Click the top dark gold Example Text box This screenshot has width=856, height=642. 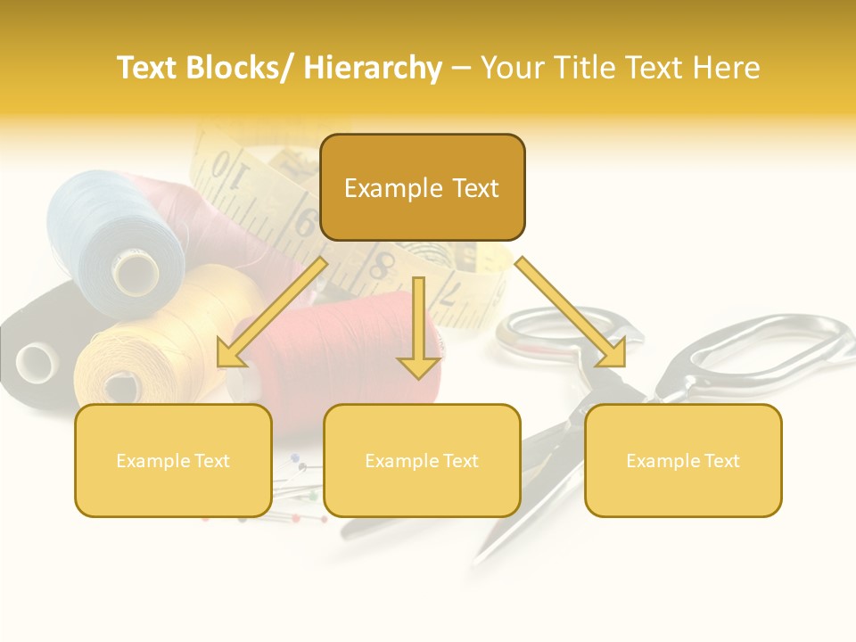click(x=422, y=187)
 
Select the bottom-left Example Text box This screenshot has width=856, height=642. click(x=173, y=460)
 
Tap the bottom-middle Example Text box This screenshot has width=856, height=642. click(x=422, y=460)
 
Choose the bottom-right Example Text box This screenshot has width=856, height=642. click(x=683, y=460)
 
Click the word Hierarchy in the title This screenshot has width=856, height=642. click(x=373, y=68)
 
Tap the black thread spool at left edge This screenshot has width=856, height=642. click(x=27, y=357)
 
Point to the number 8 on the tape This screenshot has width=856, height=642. click(x=383, y=265)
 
